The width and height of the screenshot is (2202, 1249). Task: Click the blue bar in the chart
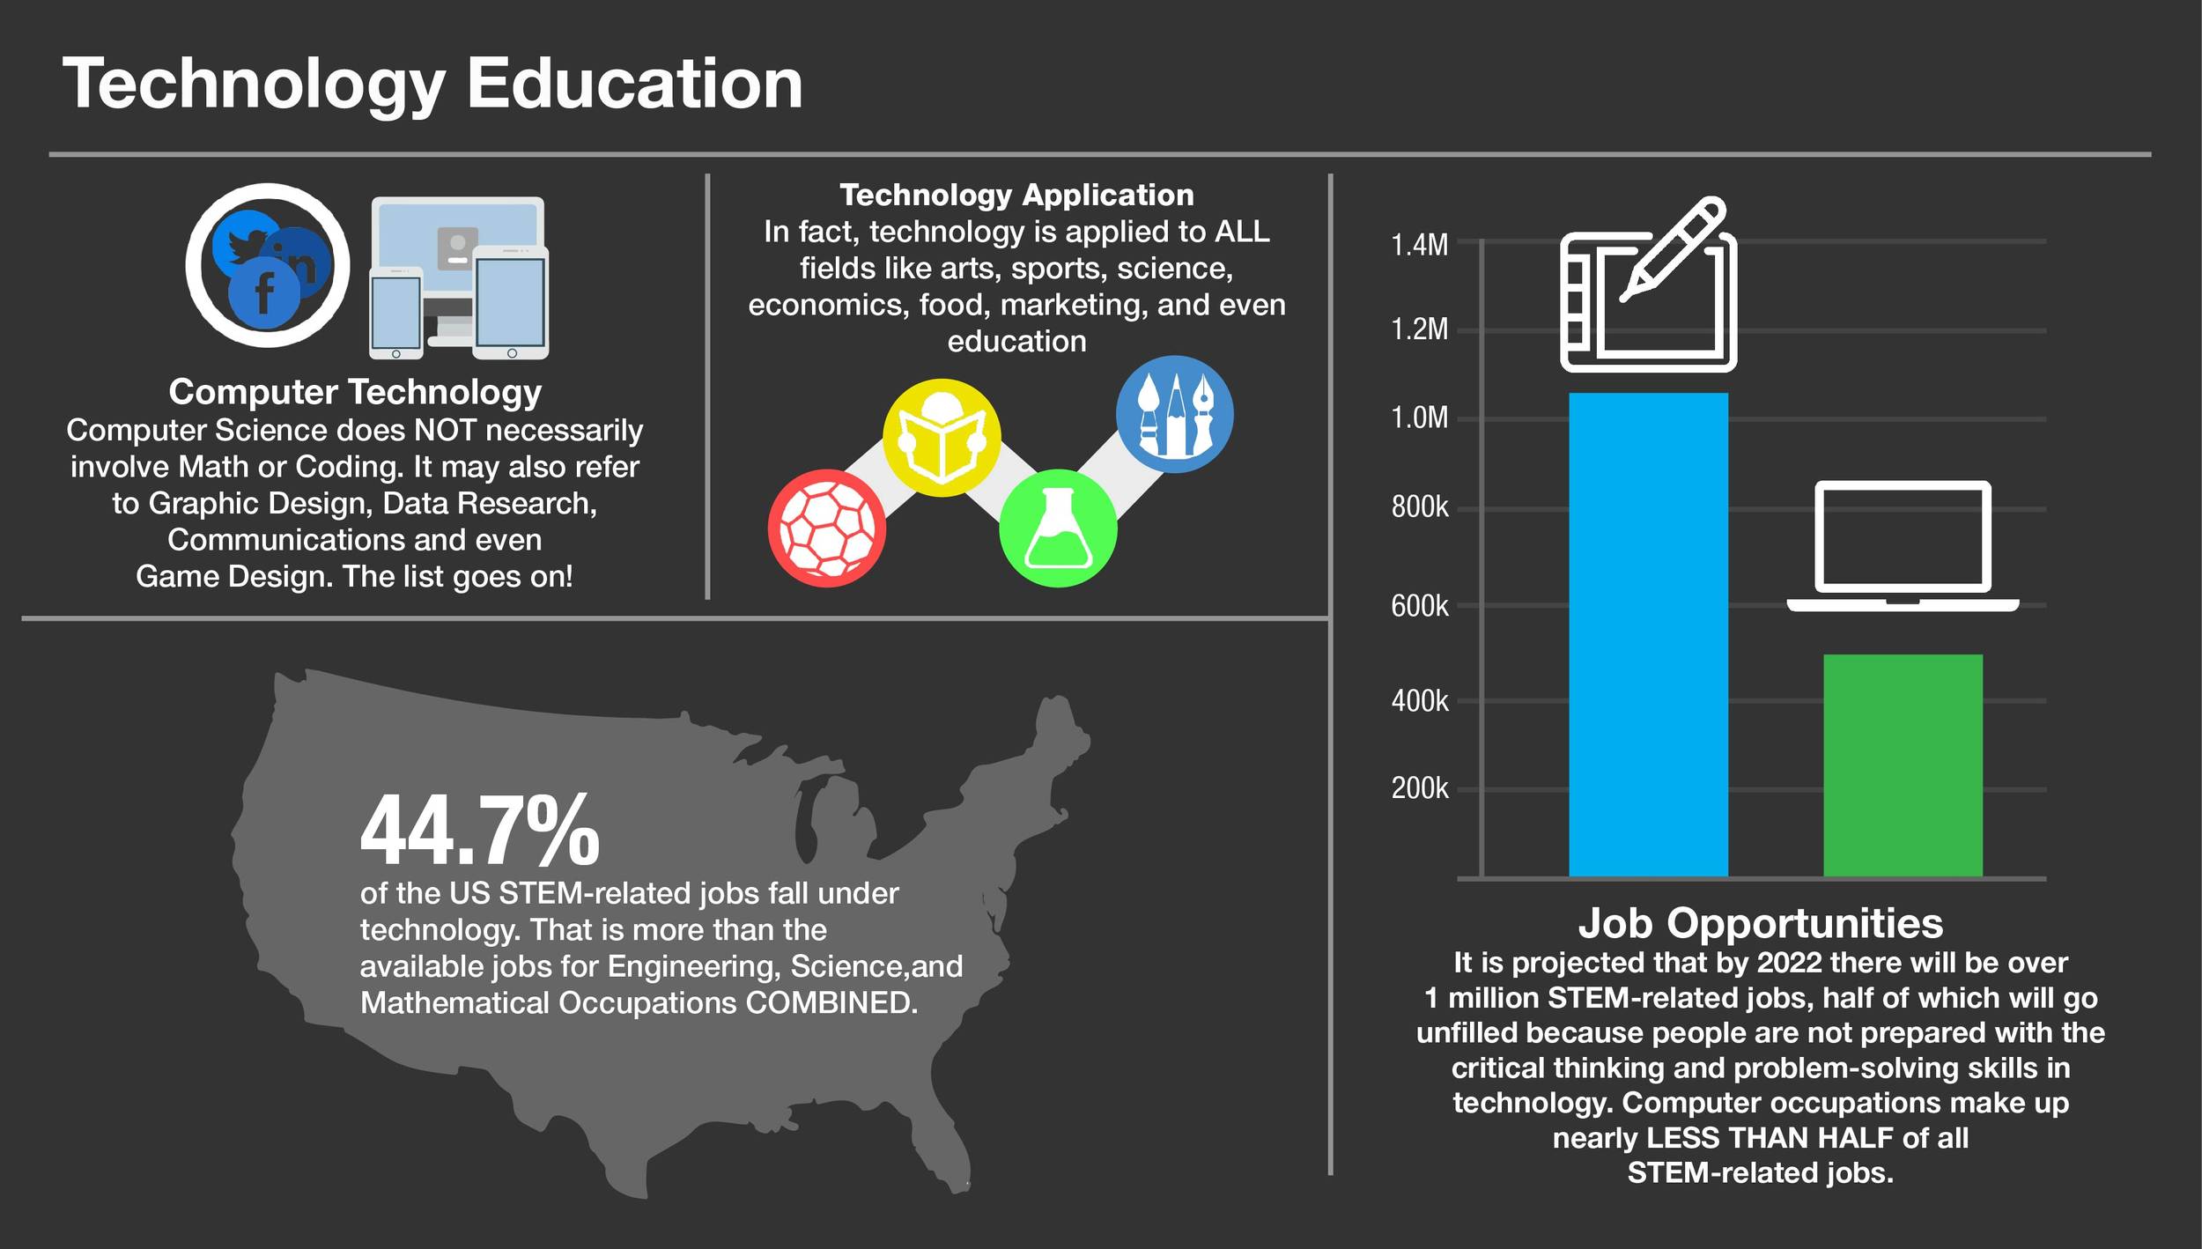1648,634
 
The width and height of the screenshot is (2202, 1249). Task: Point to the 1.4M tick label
1419,245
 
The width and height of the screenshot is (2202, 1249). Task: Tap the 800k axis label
1419,507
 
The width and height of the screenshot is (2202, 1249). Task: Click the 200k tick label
1419,788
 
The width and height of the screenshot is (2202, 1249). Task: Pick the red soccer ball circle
827,528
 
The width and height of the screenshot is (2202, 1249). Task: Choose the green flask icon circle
1058,528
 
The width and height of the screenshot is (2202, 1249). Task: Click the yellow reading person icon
942,438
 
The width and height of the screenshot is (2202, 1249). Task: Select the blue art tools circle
1174,414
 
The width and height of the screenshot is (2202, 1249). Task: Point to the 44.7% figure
480,831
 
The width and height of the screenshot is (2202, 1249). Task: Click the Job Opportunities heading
1760,923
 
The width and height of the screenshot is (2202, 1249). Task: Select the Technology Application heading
1016,195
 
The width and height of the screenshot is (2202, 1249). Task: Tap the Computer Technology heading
354,392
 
